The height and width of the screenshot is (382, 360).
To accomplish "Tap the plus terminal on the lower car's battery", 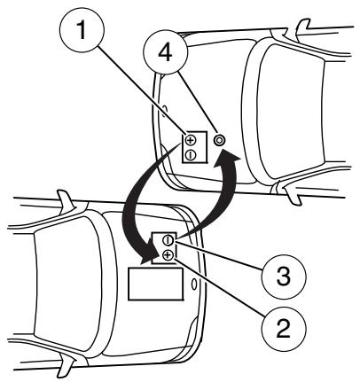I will pyautogui.click(x=168, y=255).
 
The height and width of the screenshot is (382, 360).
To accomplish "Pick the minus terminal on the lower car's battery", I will pyautogui.click(x=168, y=240).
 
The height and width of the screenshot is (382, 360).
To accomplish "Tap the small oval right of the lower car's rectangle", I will pyautogui.click(x=194, y=285).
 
